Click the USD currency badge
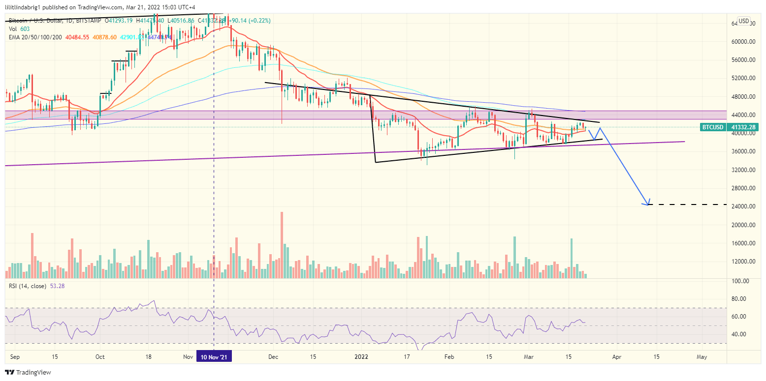click(743, 21)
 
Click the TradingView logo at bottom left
click(28, 373)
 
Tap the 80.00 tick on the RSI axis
click(739, 298)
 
